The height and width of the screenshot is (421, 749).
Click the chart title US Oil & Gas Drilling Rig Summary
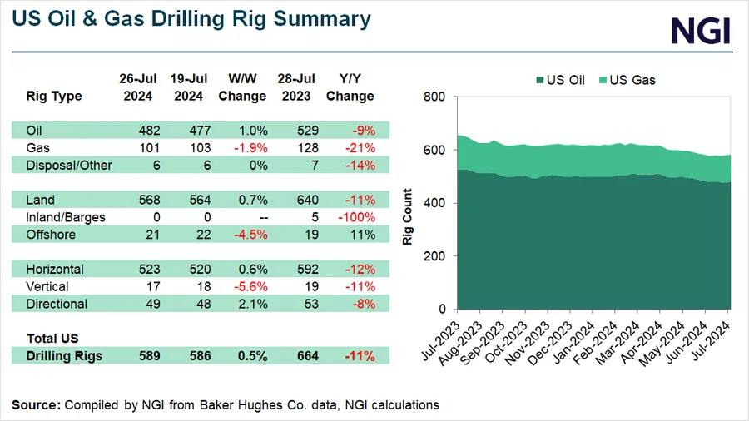191,18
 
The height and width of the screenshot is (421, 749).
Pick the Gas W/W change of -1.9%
242,147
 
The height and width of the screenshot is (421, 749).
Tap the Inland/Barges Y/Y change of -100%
350,217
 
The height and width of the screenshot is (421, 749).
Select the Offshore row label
51,235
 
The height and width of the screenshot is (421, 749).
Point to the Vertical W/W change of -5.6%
242,287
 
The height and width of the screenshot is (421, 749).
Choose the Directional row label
56,305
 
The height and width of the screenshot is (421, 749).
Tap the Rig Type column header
54,96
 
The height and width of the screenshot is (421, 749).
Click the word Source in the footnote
35,404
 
